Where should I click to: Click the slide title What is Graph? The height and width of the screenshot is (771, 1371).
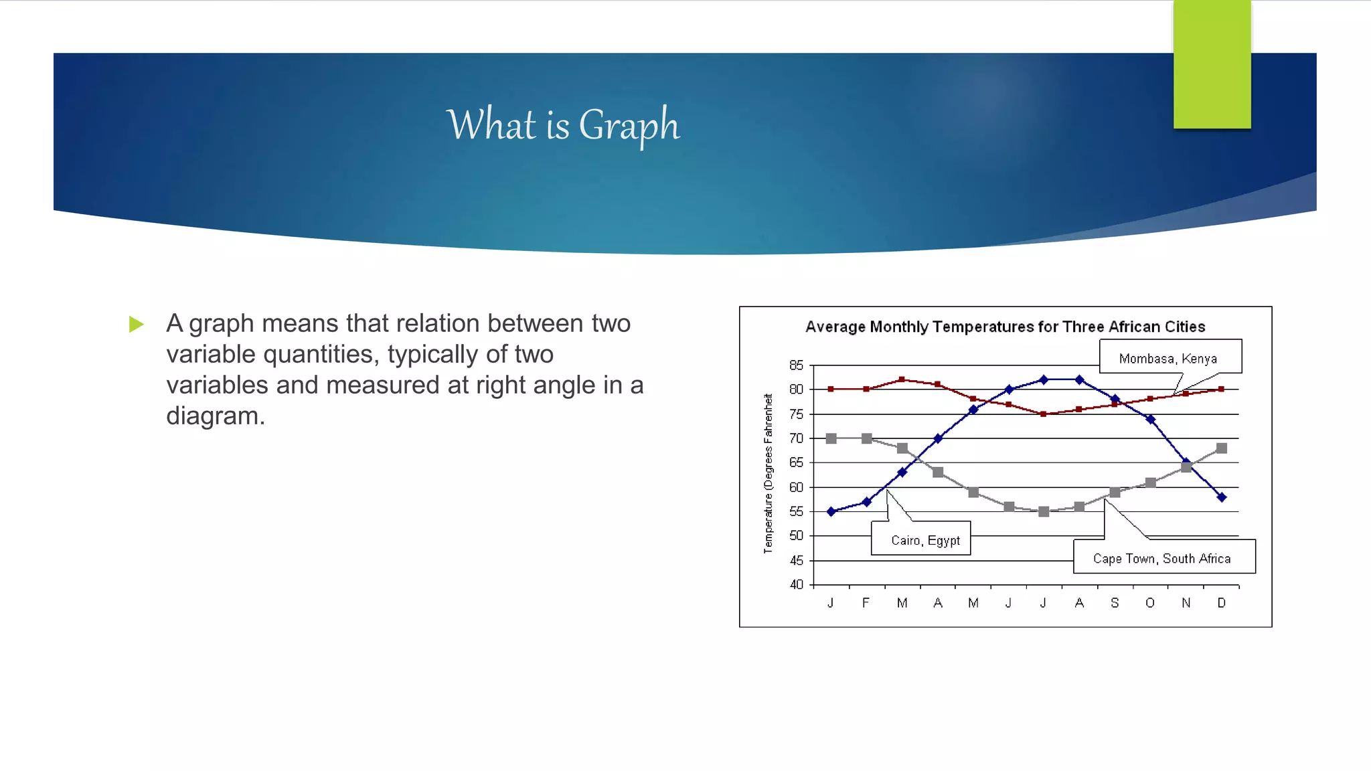click(563, 125)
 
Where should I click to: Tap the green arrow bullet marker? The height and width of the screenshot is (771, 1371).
click(137, 325)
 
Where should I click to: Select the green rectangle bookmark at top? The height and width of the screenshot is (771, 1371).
click(1212, 64)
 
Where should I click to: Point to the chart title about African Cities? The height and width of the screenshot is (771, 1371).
click(1005, 327)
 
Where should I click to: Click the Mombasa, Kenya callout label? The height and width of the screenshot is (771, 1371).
click(1168, 358)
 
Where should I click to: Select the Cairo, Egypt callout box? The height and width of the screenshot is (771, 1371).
click(924, 539)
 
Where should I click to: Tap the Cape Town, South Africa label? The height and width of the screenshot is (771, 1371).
click(1161, 558)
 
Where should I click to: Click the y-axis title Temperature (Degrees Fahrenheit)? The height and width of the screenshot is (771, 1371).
click(769, 473)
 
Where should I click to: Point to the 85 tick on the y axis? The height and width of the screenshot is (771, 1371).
click(796, 365)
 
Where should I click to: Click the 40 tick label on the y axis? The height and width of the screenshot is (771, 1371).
click(796, 584)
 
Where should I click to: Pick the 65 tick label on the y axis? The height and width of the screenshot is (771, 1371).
click(796, 462)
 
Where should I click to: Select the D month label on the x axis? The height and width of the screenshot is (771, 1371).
click(1221, 603)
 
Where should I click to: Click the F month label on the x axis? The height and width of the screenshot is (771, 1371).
click(866, 603)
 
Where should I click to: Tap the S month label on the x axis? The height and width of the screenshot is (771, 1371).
click(1115, 603)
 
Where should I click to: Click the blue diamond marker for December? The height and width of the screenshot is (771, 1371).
click(1221, 497)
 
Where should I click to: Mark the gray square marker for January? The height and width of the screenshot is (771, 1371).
click(831, 438)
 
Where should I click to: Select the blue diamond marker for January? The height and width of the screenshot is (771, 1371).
click(831, 511)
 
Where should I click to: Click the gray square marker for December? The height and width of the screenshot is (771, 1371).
click(1221, 448)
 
